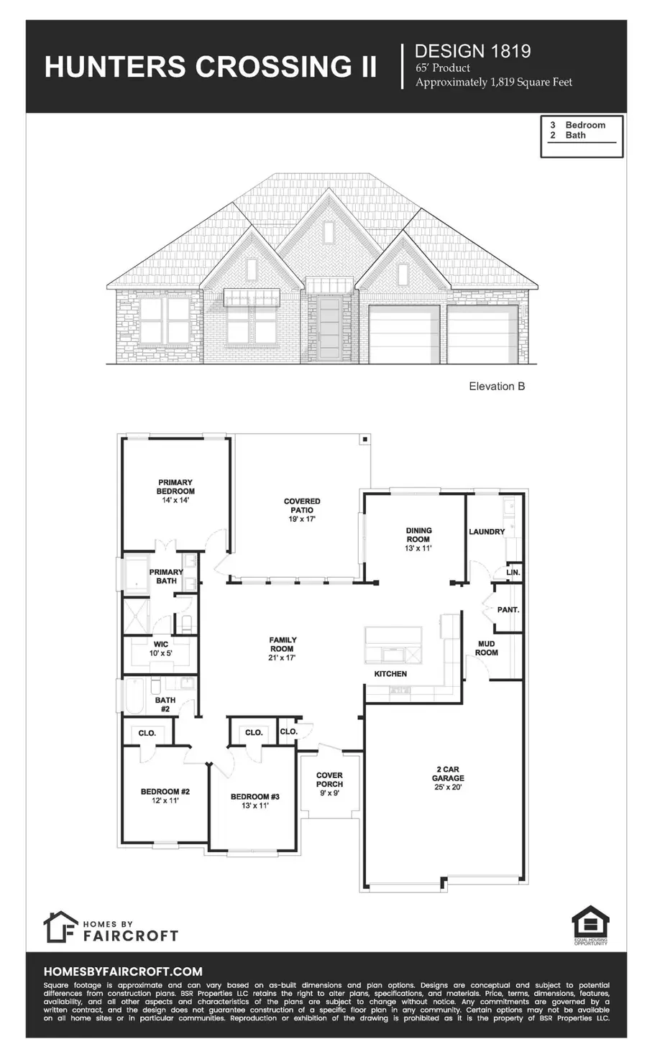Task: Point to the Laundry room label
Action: click(487, 532)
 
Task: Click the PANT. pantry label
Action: click(508, 609)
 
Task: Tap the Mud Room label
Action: click(486, 648)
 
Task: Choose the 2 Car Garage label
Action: click(447, 778)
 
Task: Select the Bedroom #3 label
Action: click(254, 797)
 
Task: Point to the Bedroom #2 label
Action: click(165, 793)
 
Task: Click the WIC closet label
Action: click(161, 645)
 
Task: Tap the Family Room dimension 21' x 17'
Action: click(283, 657)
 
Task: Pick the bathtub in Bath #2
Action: click(134, 696)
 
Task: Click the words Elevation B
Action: click(497, 387)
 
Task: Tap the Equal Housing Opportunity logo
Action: click(590, 925)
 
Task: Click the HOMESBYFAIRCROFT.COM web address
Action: click(123, 971)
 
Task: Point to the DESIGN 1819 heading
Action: click(473, 51)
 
